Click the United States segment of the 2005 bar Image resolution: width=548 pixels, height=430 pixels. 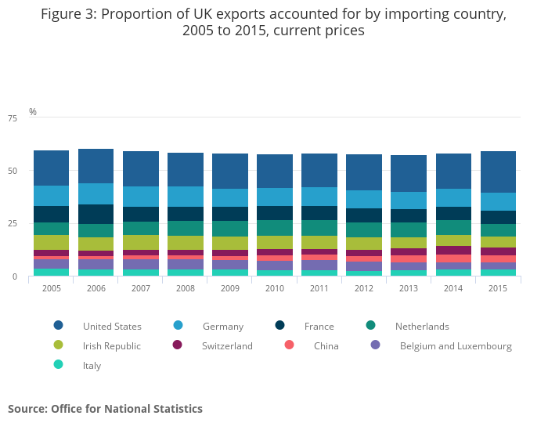pos(51,168)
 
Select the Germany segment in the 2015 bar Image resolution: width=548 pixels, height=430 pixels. pos(498,201)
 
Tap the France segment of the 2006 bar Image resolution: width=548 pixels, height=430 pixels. pos(96,214)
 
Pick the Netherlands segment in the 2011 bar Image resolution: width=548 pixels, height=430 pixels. pos(319,227)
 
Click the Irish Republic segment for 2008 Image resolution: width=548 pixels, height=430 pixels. pos(185,243)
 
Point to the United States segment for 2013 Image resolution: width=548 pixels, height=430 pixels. pos(409,173)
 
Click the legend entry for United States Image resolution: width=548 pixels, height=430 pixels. pos(112,326)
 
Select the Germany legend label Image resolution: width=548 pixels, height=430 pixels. pos(222,326)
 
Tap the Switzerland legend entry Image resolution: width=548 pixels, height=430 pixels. pos(227,345)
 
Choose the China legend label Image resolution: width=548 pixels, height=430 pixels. pos(326,345)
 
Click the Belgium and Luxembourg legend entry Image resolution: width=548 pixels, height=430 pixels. pos(456,345)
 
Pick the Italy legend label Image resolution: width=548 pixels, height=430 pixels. pos(92,365)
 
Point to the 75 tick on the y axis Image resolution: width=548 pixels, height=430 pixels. pos(12,118)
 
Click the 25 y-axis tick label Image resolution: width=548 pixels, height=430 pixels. pos(12,224)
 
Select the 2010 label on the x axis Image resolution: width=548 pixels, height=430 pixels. pos(274,289)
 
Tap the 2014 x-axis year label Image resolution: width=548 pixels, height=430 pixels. pos(453,289)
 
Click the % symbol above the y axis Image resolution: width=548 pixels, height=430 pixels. pos(33,112)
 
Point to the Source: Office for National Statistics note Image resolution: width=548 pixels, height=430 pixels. pos(105,409)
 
